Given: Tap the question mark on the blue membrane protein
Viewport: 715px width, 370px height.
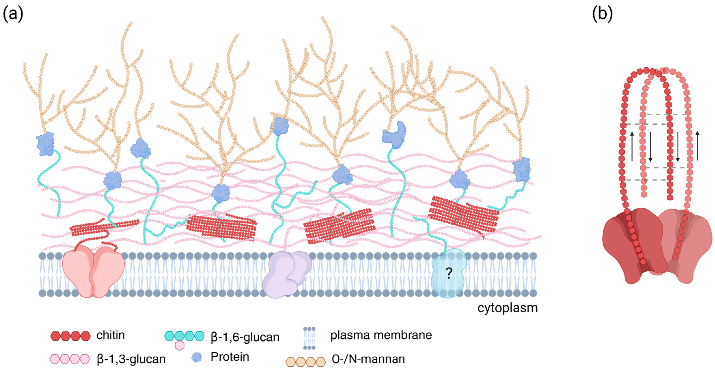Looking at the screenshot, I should tap(449, 274).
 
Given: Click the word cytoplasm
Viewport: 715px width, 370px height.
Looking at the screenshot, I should tap(507, 308).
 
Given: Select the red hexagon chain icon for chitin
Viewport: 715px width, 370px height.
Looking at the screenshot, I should tap(70, 336).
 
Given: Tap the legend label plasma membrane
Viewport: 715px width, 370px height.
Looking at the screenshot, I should tap(381, 335).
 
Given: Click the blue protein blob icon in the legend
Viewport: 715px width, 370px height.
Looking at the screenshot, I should tap(197, 357).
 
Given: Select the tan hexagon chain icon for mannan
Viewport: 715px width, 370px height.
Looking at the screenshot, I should tap(306, 362).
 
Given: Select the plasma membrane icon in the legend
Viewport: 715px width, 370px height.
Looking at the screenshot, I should tap(309, 338).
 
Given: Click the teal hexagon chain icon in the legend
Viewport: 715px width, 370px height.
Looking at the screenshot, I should tap(184, 336).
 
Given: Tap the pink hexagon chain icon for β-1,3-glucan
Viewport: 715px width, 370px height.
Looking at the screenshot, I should tap(70, 359).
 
